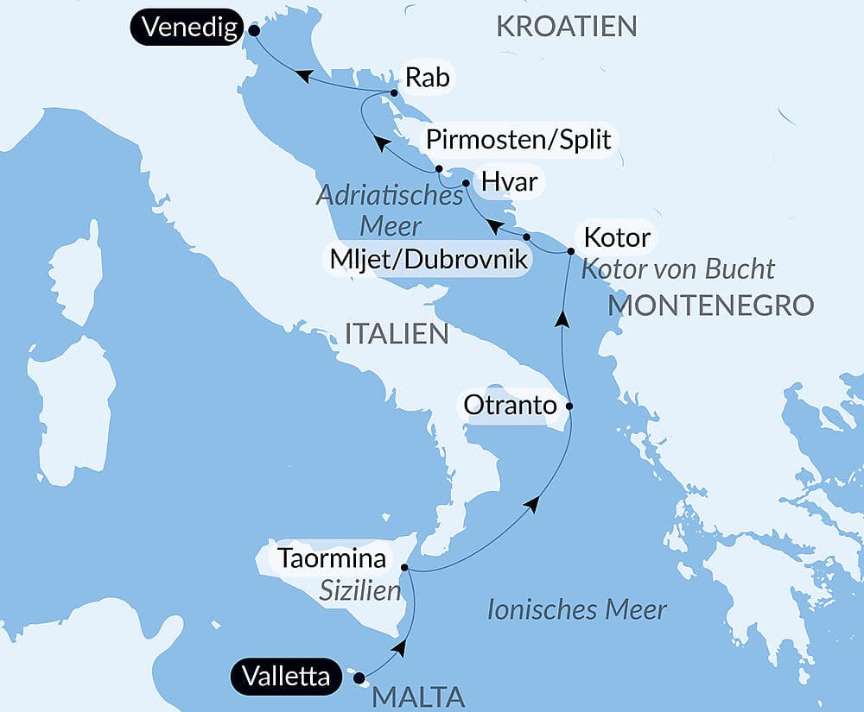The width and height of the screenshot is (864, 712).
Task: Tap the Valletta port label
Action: pos(285,677)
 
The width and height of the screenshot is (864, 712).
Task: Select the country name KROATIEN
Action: pos(567,26)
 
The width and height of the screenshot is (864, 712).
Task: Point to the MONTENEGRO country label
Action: pos(711,305)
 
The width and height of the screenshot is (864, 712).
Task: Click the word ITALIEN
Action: pos(397,334)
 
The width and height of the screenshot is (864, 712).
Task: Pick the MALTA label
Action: pos(419,696)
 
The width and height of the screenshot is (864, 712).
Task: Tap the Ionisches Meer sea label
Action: pos(576,610)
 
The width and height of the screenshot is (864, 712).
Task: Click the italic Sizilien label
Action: pos(360,592)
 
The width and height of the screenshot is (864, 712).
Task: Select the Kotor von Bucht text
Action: pos(677,268)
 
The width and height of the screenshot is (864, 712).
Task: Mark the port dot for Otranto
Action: pos(569,405)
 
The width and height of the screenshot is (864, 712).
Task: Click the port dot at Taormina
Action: pos(404,567)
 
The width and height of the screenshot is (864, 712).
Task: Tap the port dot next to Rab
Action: pos(394,92)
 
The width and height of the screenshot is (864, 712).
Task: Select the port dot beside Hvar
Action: pos(466,183)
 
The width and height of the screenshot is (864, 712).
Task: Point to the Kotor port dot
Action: pos(570,251)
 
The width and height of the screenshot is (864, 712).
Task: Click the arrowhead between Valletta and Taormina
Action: pos(398,647)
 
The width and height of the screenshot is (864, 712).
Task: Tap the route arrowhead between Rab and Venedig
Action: pos(302,76)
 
